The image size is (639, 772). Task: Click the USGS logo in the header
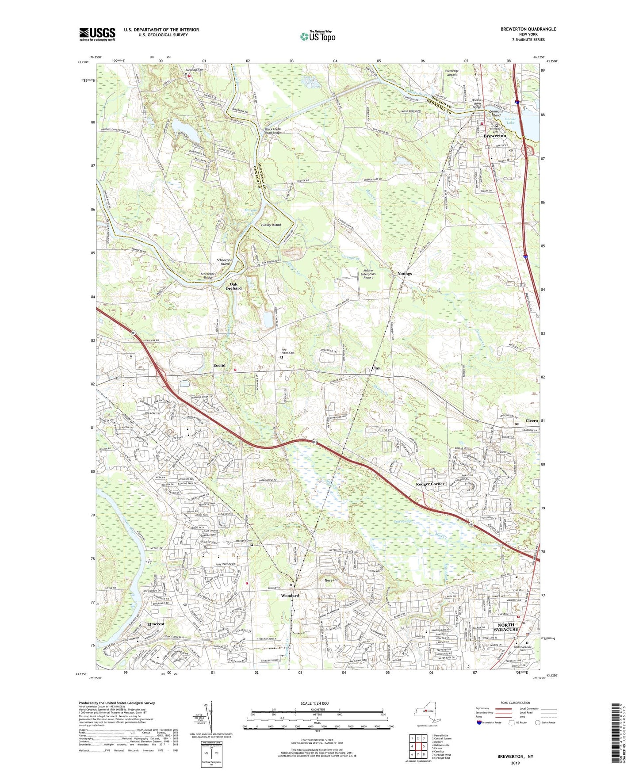(x=97, y=34)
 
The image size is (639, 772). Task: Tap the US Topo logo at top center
(x=318, y=36)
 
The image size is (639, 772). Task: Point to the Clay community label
(x=375, y=368)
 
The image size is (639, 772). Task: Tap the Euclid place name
(x=219, y=365)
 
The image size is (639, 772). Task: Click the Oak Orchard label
(x=233, y=286)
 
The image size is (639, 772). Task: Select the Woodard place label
(x=290, y=596)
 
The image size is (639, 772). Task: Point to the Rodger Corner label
(x=430, y=484)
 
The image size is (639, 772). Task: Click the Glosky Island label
(x=271, y=225)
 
